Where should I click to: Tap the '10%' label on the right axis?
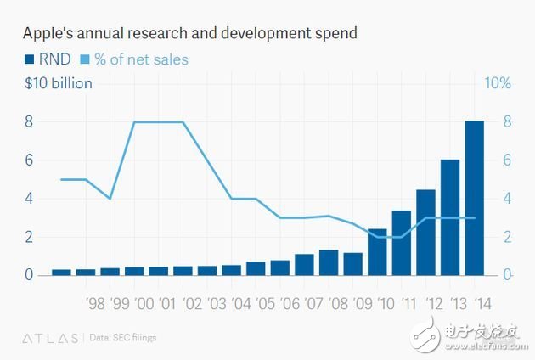tap(498, 83)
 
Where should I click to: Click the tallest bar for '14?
tap(474, 199)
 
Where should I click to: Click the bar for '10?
tap(377, 252)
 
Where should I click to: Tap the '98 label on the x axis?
tap(96, 303)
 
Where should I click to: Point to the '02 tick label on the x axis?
tap(192, 303)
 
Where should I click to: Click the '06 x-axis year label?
tap(289, 303)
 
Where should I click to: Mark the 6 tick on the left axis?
tap(28, 160)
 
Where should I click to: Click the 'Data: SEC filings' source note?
tap(122, 338)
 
